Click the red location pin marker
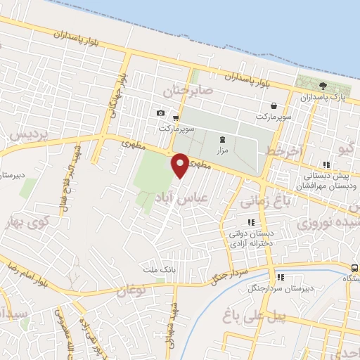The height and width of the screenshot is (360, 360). [180, 165]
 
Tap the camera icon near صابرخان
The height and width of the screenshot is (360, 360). [161, 113]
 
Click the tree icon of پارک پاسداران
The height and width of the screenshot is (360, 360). [323, 86]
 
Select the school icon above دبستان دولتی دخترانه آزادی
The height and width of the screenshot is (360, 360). [251, 222]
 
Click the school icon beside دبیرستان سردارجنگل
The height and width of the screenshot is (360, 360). [281, 277]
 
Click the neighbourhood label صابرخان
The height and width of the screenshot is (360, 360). [187, 91]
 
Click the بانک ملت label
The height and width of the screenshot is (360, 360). [157, 269]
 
